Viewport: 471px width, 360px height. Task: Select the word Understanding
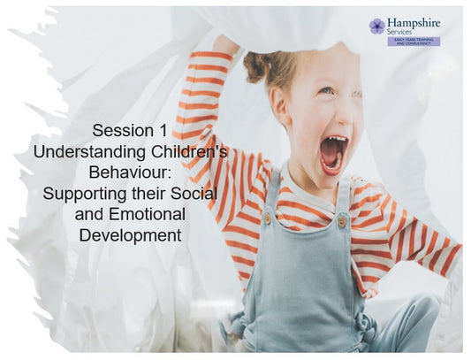pyautogui.click(x=83, y=152)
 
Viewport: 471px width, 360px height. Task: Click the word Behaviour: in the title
pyautogui.click(x=130, y=172)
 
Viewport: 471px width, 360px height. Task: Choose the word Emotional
pyautogui.click(x=148, y=214)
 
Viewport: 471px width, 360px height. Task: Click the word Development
pyautogui.click(x=130, y=235)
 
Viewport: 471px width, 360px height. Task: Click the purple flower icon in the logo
pyautogui.click(x=377, y=26)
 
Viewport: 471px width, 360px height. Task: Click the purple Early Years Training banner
pyautogui.click(x=413, y=42)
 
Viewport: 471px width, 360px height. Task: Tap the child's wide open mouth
pyautogui.click(x=334, y=153)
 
